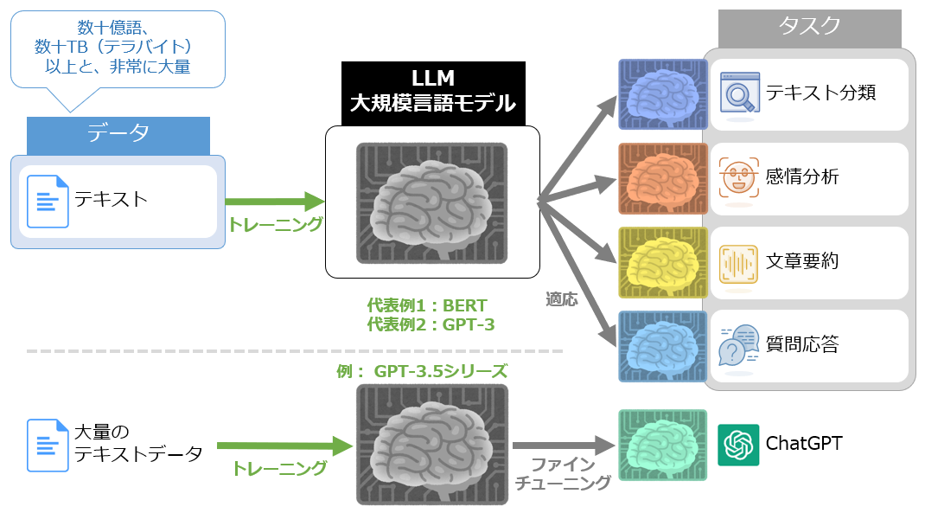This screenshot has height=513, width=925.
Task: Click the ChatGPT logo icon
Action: [x=738, y=445]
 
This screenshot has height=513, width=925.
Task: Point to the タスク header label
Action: [x=809, y=27]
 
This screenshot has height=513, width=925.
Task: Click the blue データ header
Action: [x=118, y=133]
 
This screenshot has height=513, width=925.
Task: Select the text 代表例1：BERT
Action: [x=427, y=305]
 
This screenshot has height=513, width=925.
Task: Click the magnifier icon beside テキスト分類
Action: [x=739, y=92]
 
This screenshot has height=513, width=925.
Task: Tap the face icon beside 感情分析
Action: [x=739, y=177]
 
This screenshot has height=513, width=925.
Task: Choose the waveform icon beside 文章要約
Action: [x=739, y=261]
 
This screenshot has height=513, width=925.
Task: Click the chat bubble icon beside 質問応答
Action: [x=739, y=346]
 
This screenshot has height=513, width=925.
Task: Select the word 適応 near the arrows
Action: [x=561, y=299]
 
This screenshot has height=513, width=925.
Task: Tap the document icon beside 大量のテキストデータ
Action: [x=47, y=445]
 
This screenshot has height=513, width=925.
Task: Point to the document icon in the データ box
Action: [x=48, y=201]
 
